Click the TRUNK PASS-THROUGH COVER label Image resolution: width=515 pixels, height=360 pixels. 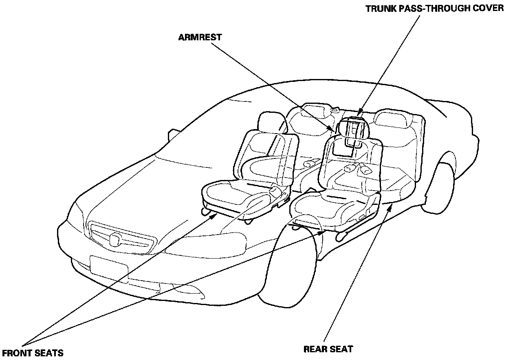434,8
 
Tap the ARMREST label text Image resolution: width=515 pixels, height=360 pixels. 200,37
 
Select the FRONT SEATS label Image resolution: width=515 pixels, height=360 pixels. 33,353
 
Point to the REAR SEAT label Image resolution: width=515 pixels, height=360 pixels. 328,349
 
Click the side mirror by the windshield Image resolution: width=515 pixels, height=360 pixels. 174,134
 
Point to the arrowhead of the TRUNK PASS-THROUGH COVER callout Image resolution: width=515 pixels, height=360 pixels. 358,112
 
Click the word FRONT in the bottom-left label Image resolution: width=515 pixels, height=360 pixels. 16,353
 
